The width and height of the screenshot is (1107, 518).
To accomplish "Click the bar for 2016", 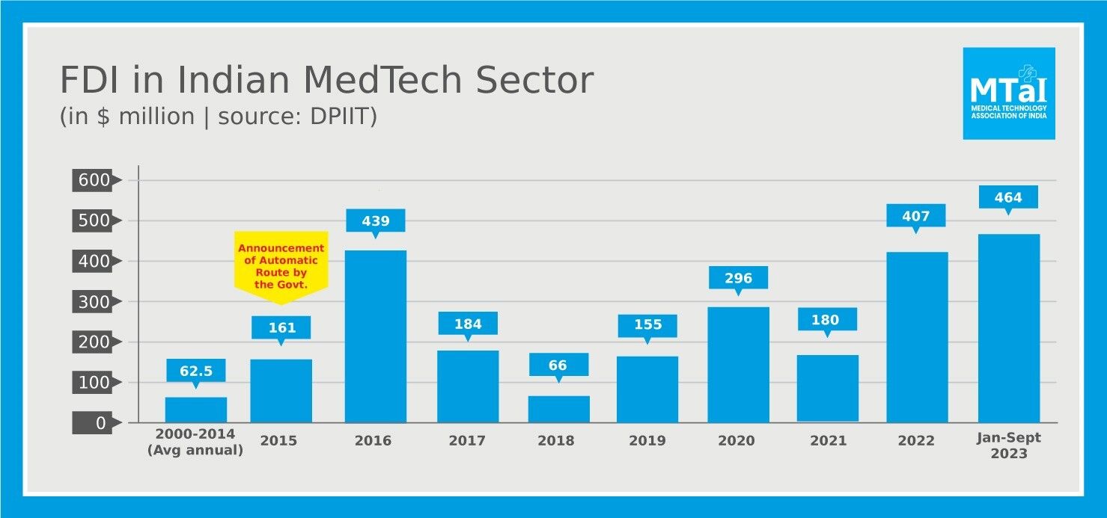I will click(x=376, y=336).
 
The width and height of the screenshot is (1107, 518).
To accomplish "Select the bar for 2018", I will click(x=558, y=409).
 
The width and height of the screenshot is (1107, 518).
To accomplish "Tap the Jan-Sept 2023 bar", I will click(x=1008, y=328).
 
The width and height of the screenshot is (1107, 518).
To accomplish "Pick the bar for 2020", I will click(x=738, y=365).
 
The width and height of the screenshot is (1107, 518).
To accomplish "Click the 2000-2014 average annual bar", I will click(x=196, y=410).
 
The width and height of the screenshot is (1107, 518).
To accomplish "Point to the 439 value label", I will click(x=376, y=220).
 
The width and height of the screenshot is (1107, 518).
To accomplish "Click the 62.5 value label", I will click(x=196, y=370).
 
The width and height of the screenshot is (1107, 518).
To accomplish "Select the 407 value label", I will click(x=916, y=216).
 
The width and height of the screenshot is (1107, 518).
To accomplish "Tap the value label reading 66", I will click(x=558, y=365).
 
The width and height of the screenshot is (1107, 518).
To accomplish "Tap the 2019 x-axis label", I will click(x=647, y=441).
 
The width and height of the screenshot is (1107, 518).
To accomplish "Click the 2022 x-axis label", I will click(x=916, y=441).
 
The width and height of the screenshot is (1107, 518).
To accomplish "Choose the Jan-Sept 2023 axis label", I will click(x=1008, y=446).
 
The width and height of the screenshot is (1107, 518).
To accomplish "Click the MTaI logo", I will click(x=1008, y=93).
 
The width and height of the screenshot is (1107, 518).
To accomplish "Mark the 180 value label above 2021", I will click(x=827, y=320).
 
